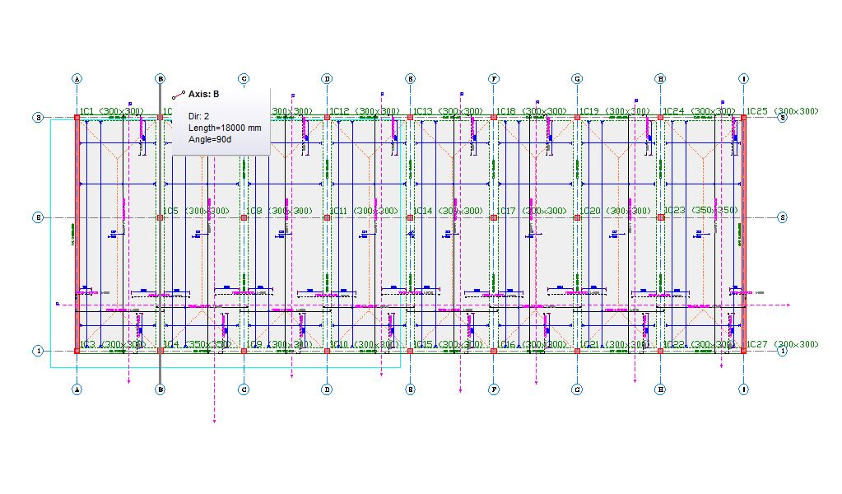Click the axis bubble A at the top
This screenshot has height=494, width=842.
pos(77,79)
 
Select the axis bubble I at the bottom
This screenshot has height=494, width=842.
pos(744,389)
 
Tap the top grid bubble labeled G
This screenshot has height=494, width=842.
pos(577,79)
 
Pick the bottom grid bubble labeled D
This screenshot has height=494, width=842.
pos(327,389)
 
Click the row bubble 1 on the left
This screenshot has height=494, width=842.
pos(38,351)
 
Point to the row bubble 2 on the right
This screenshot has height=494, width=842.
pos(782,217)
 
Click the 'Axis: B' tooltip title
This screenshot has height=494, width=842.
pos(203,94)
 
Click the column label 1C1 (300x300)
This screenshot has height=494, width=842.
pos(111,111)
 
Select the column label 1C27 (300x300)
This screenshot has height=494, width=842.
pos(782,344)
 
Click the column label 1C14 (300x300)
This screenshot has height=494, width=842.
pos(448,212)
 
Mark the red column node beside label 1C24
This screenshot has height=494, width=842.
pos(660,118)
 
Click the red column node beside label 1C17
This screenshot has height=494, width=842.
pos(494,217)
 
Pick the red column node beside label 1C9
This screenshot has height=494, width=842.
pos(244,351)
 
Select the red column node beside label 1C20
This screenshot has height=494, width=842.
pos(577,217)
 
